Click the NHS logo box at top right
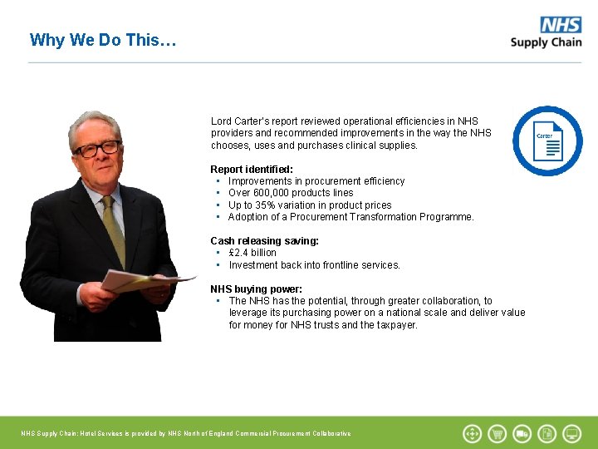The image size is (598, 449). point(561,25)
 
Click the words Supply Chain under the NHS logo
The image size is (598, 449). point(546,43)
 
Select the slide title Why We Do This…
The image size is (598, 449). point(103,40)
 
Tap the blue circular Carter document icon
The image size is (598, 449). point(547,141)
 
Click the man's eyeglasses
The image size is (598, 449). point(97,150)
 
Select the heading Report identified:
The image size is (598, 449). point(252,169)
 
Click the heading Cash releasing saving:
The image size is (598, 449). point(264,241)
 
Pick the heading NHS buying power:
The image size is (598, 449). point(256,289)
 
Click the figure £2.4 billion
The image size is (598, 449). point(252,253)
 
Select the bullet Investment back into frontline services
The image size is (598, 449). point(314,265)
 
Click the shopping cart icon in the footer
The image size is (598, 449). point(498,433)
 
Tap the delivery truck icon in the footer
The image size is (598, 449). point(522,433)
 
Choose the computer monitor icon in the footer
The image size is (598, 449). point(572,433)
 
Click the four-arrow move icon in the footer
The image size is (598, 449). point(472,433)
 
